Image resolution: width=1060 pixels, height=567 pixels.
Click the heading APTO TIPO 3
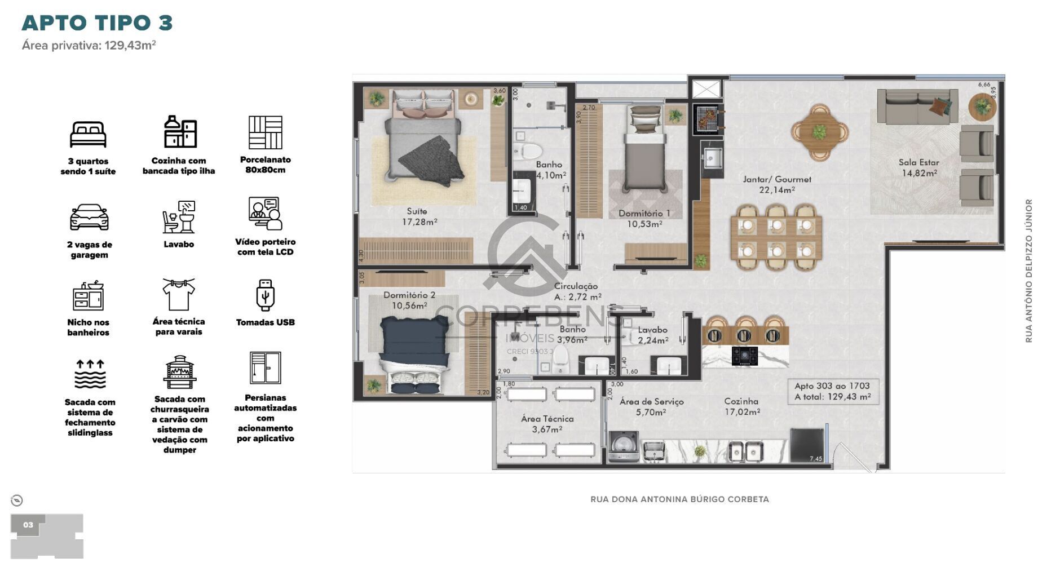pyautogui.click(x=97, y=23)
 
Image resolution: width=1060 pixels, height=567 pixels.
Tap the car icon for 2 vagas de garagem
pyautogui.click(x=89, y=217)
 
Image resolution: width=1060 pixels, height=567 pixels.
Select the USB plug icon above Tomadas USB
pyautogui.click(x=265, y=295)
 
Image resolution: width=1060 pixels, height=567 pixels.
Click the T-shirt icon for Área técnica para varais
pyautogui.click(x=178, y=294)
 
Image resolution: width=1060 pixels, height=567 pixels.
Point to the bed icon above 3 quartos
pyautogui.click(x=88, y=134)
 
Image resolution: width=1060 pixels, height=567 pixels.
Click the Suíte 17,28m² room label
pyautogui.click(x=418, y=216)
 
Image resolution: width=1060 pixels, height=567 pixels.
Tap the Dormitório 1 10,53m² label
pyautogui.click(x=644, y=219)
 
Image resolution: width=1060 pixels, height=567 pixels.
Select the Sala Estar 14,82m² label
pyautogui.click(x=918, y=167)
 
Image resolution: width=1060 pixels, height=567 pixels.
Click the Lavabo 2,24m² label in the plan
pyautogui.click(x=652, y=335)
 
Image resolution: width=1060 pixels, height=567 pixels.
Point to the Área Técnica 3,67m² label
pyautogui.click(x=547, y=424)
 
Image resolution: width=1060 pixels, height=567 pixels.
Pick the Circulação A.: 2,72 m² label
pyautogui.click(x=577, y=291)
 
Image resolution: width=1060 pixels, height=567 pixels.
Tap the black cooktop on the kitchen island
pyautogui.click(x=744, y=356)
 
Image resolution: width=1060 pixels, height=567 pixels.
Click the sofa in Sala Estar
pyautogui.click(x=917, y=107)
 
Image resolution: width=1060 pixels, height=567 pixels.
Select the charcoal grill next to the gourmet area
pyautogui.click(x=707, y=119)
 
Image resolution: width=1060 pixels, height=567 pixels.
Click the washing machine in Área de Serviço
pyautogui.click(x=624, y=448)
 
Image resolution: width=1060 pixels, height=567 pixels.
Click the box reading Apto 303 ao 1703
pyautogui.click(x=832, y=391)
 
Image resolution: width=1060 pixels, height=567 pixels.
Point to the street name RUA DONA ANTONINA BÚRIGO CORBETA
pyautogui.click(x=679, y=499)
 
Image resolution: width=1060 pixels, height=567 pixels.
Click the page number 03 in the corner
pyautogui.click(x=28, y=525)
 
